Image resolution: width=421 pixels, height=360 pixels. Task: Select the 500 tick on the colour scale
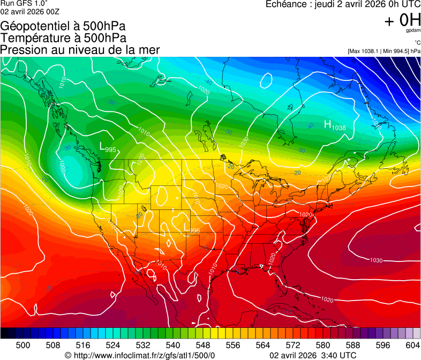[23, 344]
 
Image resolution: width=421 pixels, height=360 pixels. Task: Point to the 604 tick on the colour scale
[412, 344]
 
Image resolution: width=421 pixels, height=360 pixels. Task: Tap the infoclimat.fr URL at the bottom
[139, 355]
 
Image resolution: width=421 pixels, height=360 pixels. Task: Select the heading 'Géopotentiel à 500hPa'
[63, 26]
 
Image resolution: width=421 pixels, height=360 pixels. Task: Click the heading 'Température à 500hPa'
[63, 38]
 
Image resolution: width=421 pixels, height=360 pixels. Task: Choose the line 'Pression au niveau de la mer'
[80, 50]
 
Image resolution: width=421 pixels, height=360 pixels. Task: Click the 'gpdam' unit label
[412, 31]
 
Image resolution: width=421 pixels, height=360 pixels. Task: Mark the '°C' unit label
[416, 43]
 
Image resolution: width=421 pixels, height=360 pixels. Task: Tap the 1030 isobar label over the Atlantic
[376, 260]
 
